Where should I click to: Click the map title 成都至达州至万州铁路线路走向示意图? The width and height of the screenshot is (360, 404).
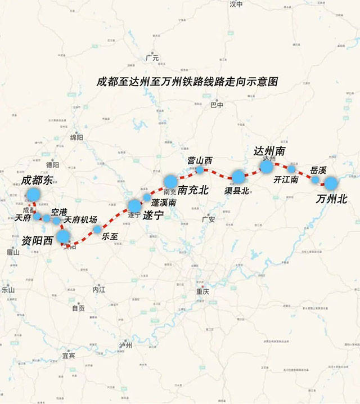[188, 81]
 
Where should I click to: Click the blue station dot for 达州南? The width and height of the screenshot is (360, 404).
[266, 166]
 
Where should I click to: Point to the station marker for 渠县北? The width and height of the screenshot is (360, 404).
[238, 177]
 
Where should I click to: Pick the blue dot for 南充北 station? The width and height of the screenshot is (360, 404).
[170, 181]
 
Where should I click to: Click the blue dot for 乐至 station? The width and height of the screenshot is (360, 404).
[97, 229]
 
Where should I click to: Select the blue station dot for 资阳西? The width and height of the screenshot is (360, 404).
[63, 236]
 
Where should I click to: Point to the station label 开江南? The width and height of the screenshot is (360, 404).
[286, 180]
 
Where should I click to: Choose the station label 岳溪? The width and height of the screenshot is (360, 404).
[318, 169]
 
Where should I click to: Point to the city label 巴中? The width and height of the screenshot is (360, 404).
[217, 105]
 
